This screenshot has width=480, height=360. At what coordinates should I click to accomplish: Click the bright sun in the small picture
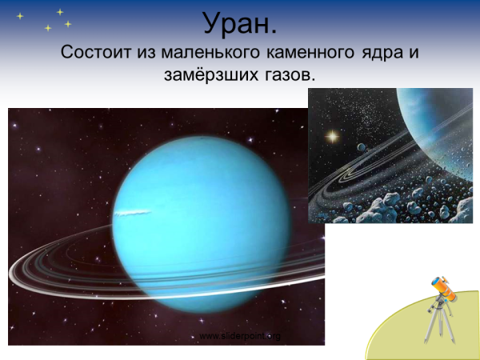click(x=329, y=136)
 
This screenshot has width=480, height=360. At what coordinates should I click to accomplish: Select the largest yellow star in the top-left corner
click(x=60, y=12)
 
